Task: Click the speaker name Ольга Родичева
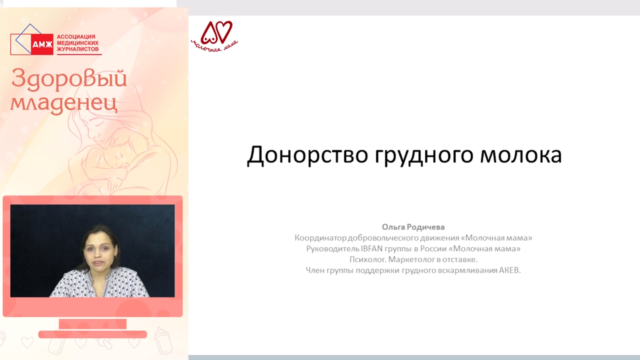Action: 413,227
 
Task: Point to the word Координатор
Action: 321,238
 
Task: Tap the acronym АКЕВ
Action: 510,270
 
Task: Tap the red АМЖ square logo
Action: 42,44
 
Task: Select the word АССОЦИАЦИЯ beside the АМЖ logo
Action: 76,37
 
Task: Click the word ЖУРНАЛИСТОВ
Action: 78,49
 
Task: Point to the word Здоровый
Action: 69,79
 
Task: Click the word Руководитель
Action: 333,249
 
